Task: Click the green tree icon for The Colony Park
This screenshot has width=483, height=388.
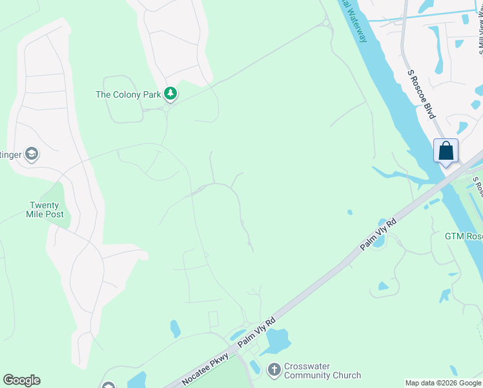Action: [170, 94]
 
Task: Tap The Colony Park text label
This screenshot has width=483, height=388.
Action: [128, 94]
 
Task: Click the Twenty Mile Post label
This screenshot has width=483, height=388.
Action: [45, 210]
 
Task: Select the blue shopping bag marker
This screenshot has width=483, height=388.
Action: [446, 151]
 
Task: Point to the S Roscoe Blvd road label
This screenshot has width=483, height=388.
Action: [422, 94]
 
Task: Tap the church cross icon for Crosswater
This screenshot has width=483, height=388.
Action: [274, 370]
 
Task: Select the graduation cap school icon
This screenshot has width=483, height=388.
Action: [32, 154]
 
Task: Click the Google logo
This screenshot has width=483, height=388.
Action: [21, 380]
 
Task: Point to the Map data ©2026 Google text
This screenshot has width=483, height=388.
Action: [442, 383]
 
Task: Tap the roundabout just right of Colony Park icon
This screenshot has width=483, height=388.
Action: [166, 108]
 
